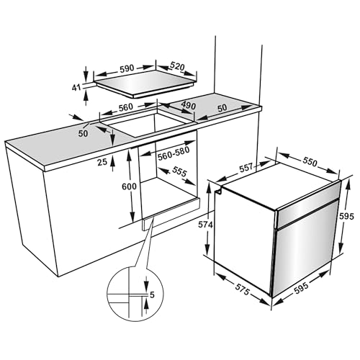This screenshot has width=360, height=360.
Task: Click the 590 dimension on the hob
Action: (x=127, y=71)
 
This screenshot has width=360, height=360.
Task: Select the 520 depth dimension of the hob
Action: (x=176, y=67)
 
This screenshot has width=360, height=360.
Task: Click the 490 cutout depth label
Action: (x=188, y=107)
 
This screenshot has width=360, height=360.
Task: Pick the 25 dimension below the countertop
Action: (x=102, y=162)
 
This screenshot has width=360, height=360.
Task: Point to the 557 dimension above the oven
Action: (x=246, y=168)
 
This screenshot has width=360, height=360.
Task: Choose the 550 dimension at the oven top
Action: (x=310, y=163)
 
